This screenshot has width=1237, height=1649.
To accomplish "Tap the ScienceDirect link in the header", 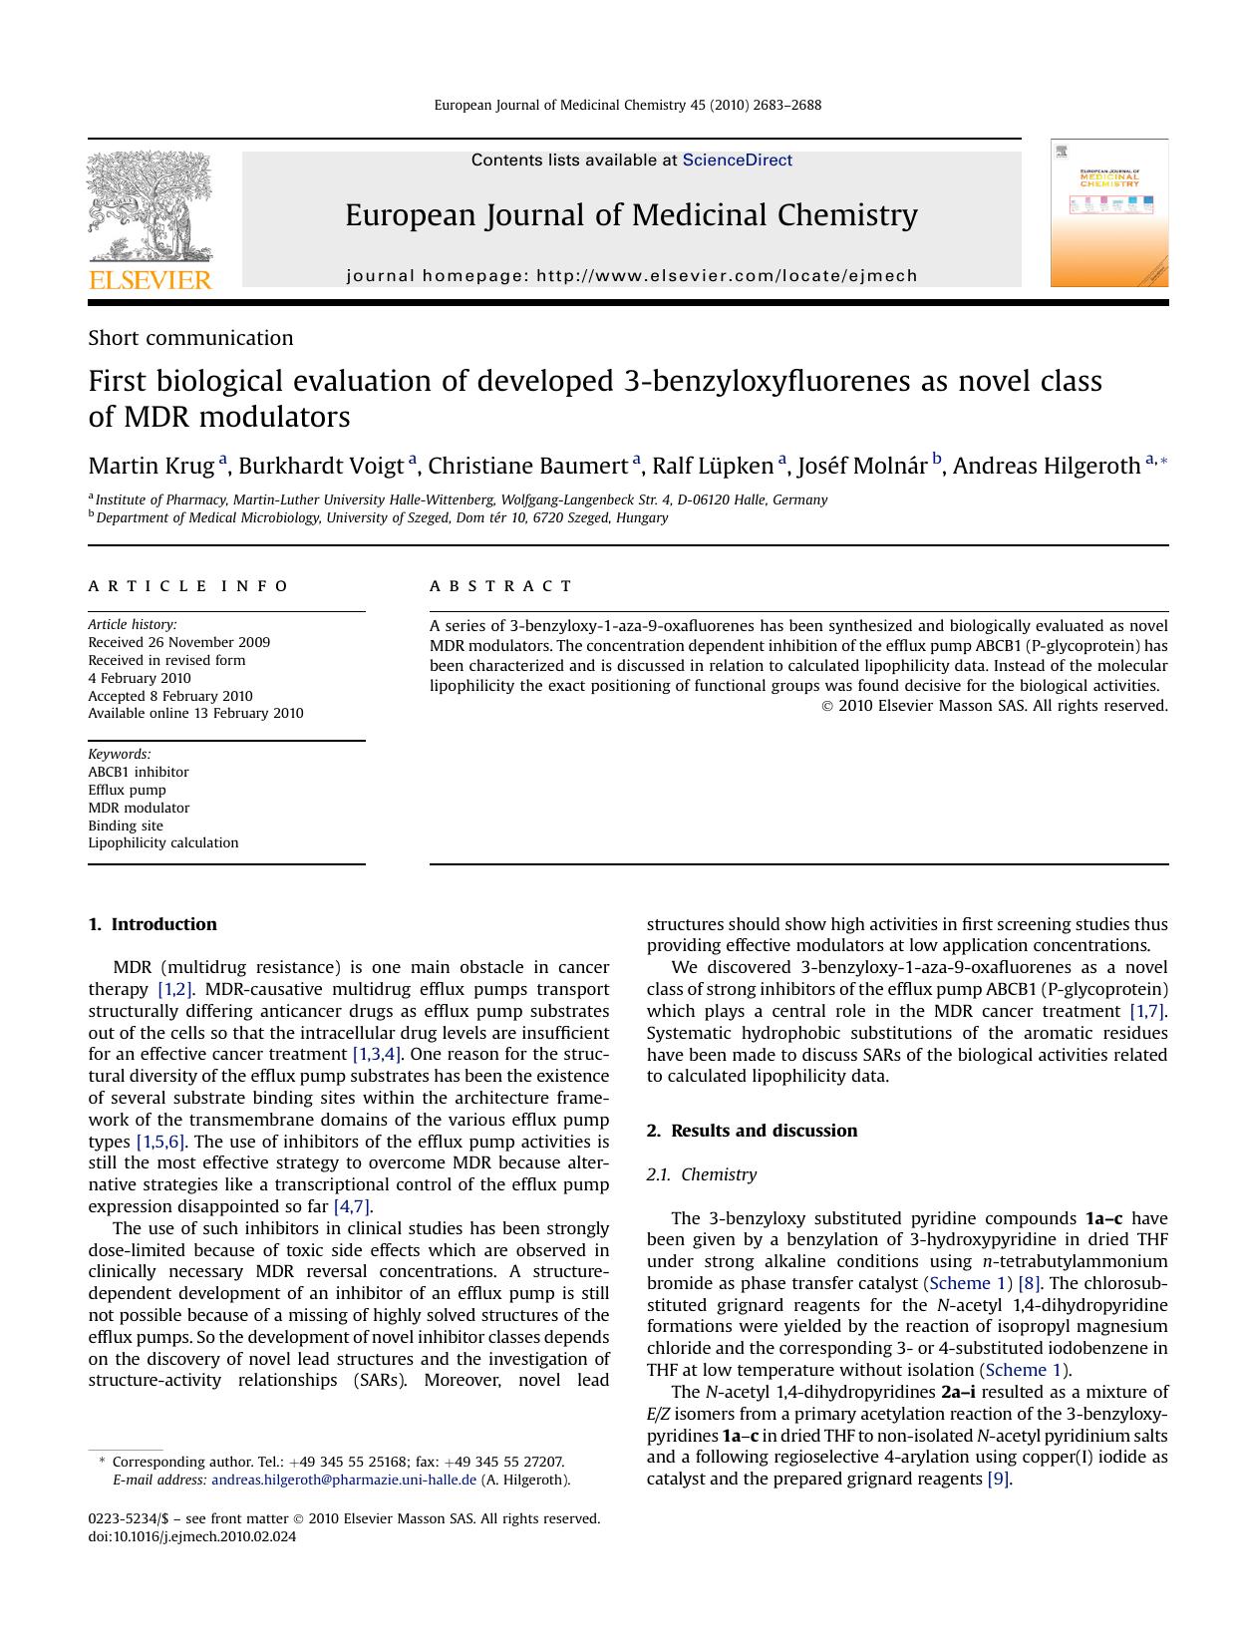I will pos(737,160).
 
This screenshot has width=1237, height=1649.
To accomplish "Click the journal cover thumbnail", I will pos(1108,213).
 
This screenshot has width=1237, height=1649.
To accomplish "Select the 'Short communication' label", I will pos(190,338).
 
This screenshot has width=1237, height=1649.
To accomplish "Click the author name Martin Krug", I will pos(151,466).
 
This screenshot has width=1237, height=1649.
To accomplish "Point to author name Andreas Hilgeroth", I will pos(1046,466).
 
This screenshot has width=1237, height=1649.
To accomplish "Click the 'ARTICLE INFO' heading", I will pos(188,586).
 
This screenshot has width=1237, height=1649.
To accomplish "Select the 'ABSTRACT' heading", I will pos(500,586).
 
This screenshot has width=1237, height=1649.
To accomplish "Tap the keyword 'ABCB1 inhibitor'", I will pos(138,772).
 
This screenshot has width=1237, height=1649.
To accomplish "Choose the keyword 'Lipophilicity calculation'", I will pos(163,842).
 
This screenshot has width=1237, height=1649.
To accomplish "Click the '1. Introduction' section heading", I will pos(153,924).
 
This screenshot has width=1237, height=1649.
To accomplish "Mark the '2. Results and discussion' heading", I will pos(752,1131).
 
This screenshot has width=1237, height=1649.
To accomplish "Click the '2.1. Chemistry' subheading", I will pos(701,1174).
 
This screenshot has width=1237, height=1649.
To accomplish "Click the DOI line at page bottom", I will pos(192,1536).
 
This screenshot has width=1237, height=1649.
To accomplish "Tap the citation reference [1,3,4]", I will pos(377,1054).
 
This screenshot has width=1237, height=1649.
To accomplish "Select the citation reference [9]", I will pos(999,1479).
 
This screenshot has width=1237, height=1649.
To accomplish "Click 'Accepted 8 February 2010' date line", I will pos(170,696).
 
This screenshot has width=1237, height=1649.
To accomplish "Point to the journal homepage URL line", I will pos(631,276).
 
